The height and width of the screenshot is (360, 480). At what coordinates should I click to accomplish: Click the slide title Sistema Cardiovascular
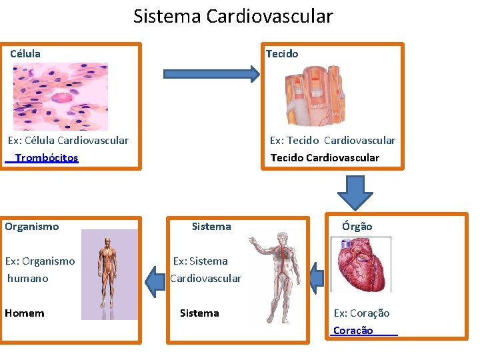[x=233, y=16]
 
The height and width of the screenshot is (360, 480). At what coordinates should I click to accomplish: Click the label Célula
[x=25, y=53]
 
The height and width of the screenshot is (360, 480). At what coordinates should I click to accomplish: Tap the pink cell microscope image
[x=61, y=96]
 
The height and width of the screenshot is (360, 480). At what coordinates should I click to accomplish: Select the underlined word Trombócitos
[x=46, y=158]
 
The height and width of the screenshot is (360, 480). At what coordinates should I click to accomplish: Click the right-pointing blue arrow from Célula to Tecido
[x=211, y=73]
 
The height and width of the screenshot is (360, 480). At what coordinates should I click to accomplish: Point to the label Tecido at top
[x=282, y=53]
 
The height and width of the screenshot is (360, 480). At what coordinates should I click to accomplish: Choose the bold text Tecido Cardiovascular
[x=325, y=158]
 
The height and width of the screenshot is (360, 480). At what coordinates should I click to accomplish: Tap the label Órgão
[x=357, y=226]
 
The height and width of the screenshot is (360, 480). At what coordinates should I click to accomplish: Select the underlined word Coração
[x=353, y=331]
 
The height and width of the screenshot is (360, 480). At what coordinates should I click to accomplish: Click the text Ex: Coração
[x=362, y=313]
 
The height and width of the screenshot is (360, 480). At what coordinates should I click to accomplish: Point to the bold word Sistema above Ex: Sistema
[x=211, y=226]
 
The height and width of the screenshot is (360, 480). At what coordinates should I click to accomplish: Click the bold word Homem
[x=25, y=313]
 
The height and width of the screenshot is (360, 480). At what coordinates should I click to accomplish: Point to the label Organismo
[x=32, y=226]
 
